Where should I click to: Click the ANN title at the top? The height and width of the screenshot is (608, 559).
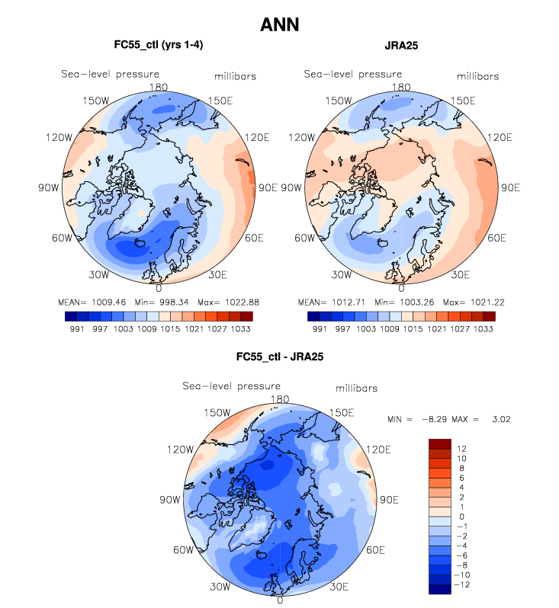[x=279, y=24]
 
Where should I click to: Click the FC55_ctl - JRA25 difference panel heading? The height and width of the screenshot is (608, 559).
[x=279, y=357]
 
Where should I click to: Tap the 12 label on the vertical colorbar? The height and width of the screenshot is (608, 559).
[x=461, y=449]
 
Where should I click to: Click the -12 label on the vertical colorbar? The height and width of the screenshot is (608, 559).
[x=463, y=584]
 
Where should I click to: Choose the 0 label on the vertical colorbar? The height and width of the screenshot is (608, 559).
[x=460, y=517]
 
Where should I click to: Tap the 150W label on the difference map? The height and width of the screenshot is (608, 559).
[x=217, y=412]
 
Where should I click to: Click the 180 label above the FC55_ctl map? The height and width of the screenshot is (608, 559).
[x=159, y=88]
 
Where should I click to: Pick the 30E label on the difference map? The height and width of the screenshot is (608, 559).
[x=339, y=587]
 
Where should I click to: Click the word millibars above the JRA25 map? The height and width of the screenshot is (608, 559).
[x=477, y=76]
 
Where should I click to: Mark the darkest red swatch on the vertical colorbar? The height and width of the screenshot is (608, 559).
[x=441, y=443]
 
